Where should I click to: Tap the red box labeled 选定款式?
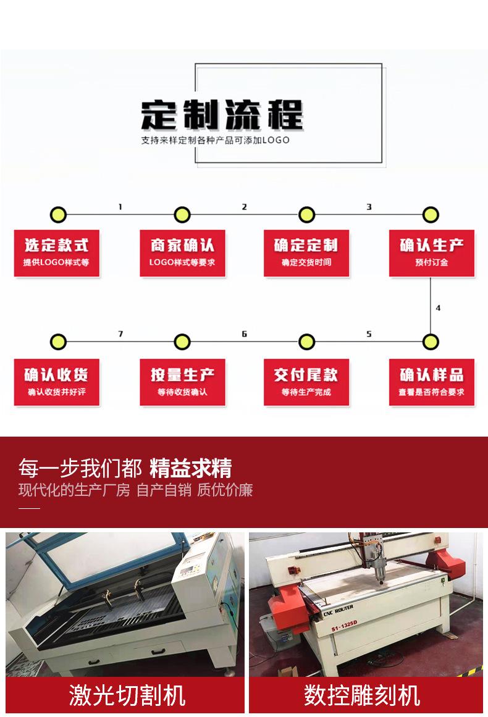[57, 253]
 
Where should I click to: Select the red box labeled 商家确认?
[182, 253]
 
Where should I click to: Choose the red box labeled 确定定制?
[306, 253]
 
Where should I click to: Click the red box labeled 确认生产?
[431, 253]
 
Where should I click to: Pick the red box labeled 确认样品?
[431, 382]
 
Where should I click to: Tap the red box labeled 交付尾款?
[306, 382]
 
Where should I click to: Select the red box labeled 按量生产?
[182, 382]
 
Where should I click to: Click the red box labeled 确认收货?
[57, 382]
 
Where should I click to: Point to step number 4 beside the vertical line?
[438, 308]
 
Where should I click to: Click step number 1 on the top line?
[120, 207]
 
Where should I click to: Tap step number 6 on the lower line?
[245, 334]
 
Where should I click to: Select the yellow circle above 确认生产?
[431, 215]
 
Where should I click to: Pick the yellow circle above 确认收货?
[57, 342]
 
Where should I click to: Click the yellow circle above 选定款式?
[57, 215]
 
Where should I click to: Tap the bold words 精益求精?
[190, 468]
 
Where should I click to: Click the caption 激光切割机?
[127, 695]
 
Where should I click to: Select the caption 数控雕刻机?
[362, 695]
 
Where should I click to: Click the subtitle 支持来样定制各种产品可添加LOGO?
[216, 140]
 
